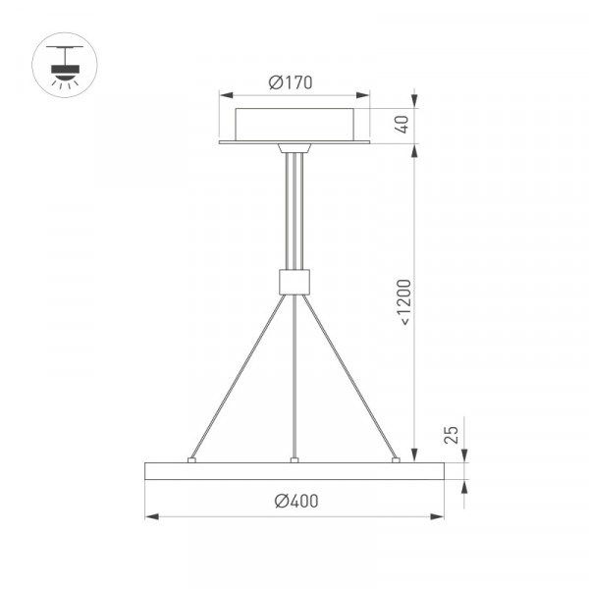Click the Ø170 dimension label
tap(291, 82)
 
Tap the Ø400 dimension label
tap(296, 501)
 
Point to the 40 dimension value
tap(402, 125)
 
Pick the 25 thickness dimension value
tap(452, 435)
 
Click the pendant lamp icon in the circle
tap(65, 65)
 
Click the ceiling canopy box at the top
tap(294, 125)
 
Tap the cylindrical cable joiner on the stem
tap(294, 282)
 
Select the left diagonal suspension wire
tap(239, 376)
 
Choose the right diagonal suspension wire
tap(349, 376)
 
